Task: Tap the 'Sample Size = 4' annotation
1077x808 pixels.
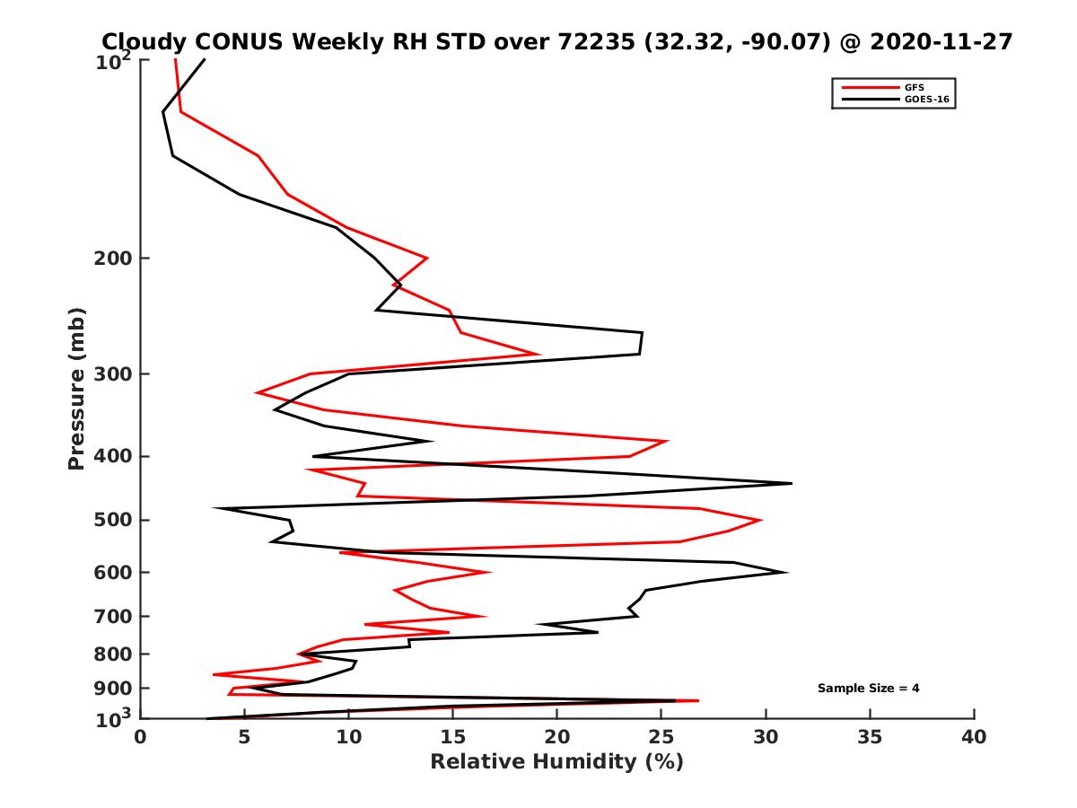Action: [x=868, y=689]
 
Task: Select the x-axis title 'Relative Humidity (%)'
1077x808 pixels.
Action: [x=556, y=762]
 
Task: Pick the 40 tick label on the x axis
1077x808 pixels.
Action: [x=974, y=738]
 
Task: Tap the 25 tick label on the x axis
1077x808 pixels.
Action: [x=661, y=738]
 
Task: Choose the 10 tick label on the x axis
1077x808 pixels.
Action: [x=348, y=738]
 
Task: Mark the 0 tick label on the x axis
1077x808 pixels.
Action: [x=140, y=738]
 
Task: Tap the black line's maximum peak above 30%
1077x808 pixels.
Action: [x=792, y=483]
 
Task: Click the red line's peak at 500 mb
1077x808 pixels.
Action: [x=762, y=520]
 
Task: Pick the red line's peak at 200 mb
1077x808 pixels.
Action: [x=427, y=259]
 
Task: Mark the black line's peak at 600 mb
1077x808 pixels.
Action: [x=787, y=572]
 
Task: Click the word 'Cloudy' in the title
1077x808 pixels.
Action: [x=144, y=41]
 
